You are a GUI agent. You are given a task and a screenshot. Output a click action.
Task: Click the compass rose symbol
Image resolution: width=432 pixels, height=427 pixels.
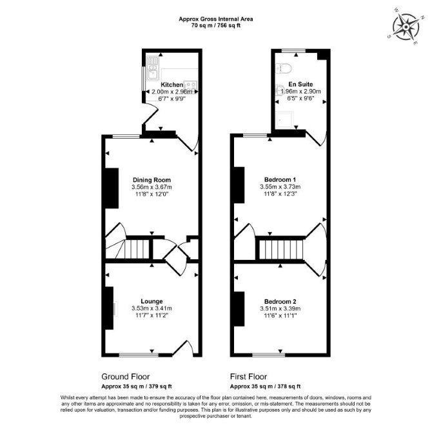click(406, 26)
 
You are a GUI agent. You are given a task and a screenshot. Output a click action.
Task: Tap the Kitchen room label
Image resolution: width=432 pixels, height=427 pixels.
click(172, 84)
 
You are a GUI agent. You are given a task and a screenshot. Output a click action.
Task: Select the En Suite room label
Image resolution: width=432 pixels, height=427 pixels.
click(300, 84)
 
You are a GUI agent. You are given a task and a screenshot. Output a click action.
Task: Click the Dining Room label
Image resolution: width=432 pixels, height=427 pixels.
click(152, 180)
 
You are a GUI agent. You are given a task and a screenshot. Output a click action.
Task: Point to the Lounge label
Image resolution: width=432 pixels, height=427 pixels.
click(152, 302)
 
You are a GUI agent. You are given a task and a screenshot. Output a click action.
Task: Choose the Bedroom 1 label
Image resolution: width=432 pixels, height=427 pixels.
click(280, 180)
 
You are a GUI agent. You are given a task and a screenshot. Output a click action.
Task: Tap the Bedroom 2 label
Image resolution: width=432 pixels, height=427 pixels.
click(280, 302)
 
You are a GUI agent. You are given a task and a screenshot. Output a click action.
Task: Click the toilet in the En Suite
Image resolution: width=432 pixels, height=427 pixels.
click(284, 68)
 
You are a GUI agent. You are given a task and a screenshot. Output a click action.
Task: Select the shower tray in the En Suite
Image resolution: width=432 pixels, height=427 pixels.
click(285, 119)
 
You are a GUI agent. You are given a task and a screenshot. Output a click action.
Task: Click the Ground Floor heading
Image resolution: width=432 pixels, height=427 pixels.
click(125, 377)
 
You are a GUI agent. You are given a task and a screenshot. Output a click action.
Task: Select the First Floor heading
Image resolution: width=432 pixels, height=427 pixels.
click(248, 377)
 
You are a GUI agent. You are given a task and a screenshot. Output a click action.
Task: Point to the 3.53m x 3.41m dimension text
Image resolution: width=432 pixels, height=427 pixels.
click(152, 308)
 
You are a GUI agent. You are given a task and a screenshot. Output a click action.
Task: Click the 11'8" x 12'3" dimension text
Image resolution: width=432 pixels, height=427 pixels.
click(280, 194)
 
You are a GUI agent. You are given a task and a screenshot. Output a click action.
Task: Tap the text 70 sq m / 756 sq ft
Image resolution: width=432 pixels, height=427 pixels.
click(216, 26)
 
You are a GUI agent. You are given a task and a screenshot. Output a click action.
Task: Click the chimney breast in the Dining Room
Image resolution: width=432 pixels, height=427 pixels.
click(112, 188)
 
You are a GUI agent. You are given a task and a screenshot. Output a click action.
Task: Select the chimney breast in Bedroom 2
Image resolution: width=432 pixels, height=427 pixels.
click(239, 309)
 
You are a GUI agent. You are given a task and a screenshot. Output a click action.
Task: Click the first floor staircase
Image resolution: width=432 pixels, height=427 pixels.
click(280, 249)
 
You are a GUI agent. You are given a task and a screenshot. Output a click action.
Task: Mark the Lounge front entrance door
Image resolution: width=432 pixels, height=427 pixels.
click(183, 348)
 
